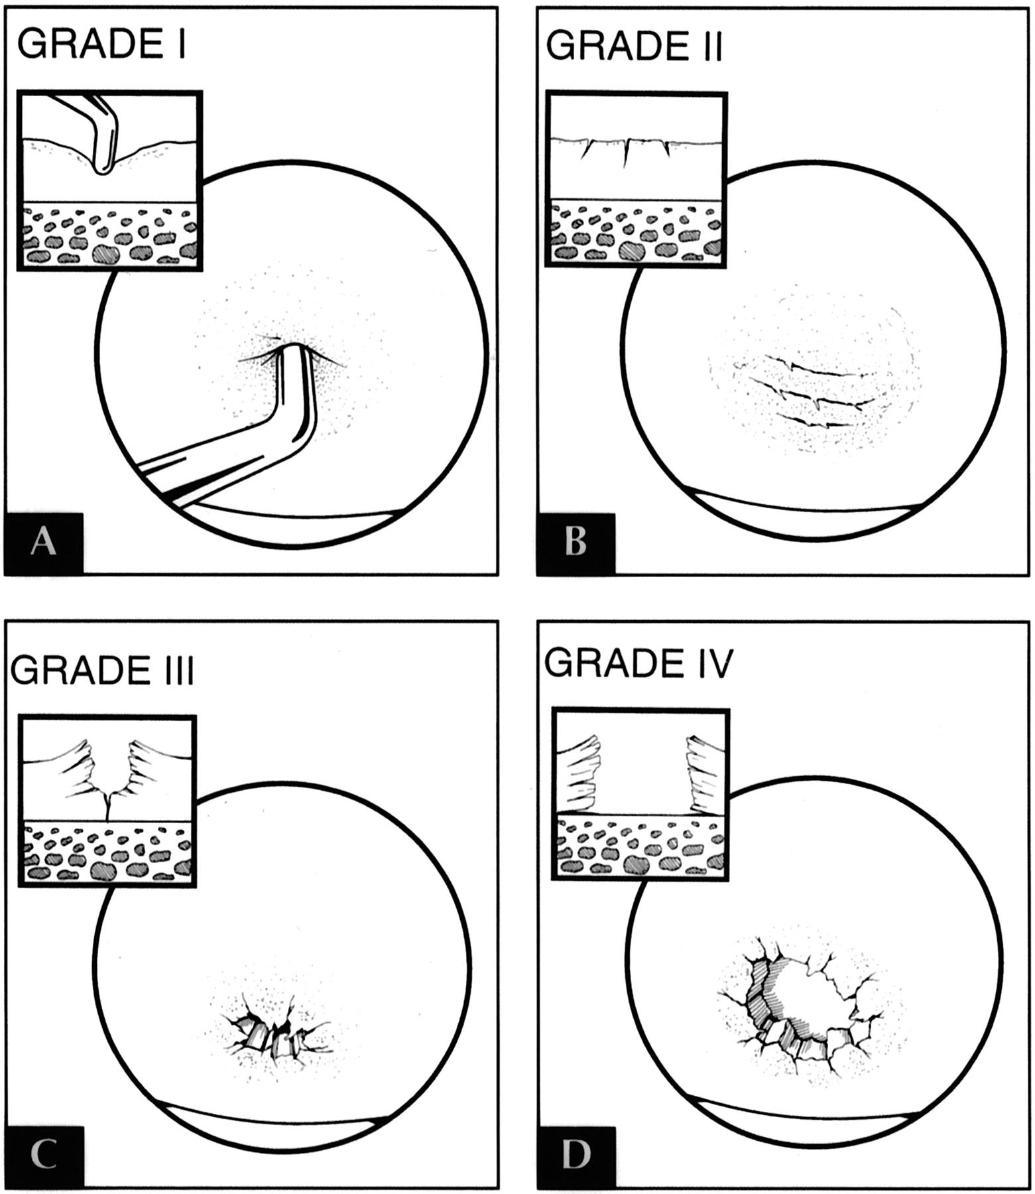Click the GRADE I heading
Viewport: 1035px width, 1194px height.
pos(101,45)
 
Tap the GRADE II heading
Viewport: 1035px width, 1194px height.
pos(634,46)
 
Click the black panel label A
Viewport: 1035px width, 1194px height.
pos(44,543)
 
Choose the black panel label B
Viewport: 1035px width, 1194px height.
pos(576,543)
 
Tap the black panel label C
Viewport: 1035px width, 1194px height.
pos(44,1155)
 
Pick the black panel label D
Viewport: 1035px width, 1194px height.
pos(576,1155)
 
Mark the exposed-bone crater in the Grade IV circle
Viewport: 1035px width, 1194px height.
pos(809,995)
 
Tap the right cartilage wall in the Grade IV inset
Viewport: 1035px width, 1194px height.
pos(707,773)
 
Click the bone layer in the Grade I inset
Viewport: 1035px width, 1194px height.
pos(109,235)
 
